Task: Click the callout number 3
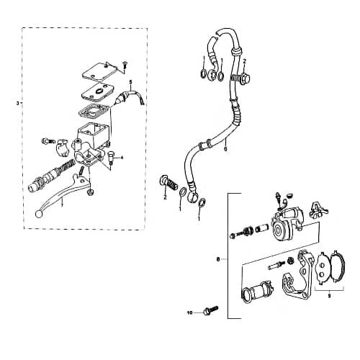[17, 104]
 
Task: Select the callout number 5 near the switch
[130, 84]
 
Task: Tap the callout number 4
[123, 157]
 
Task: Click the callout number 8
[218, 257]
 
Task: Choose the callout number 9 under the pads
[330, 295]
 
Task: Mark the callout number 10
[191, 313]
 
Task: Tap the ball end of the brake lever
[38, 214]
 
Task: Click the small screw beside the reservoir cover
[124, 65]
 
